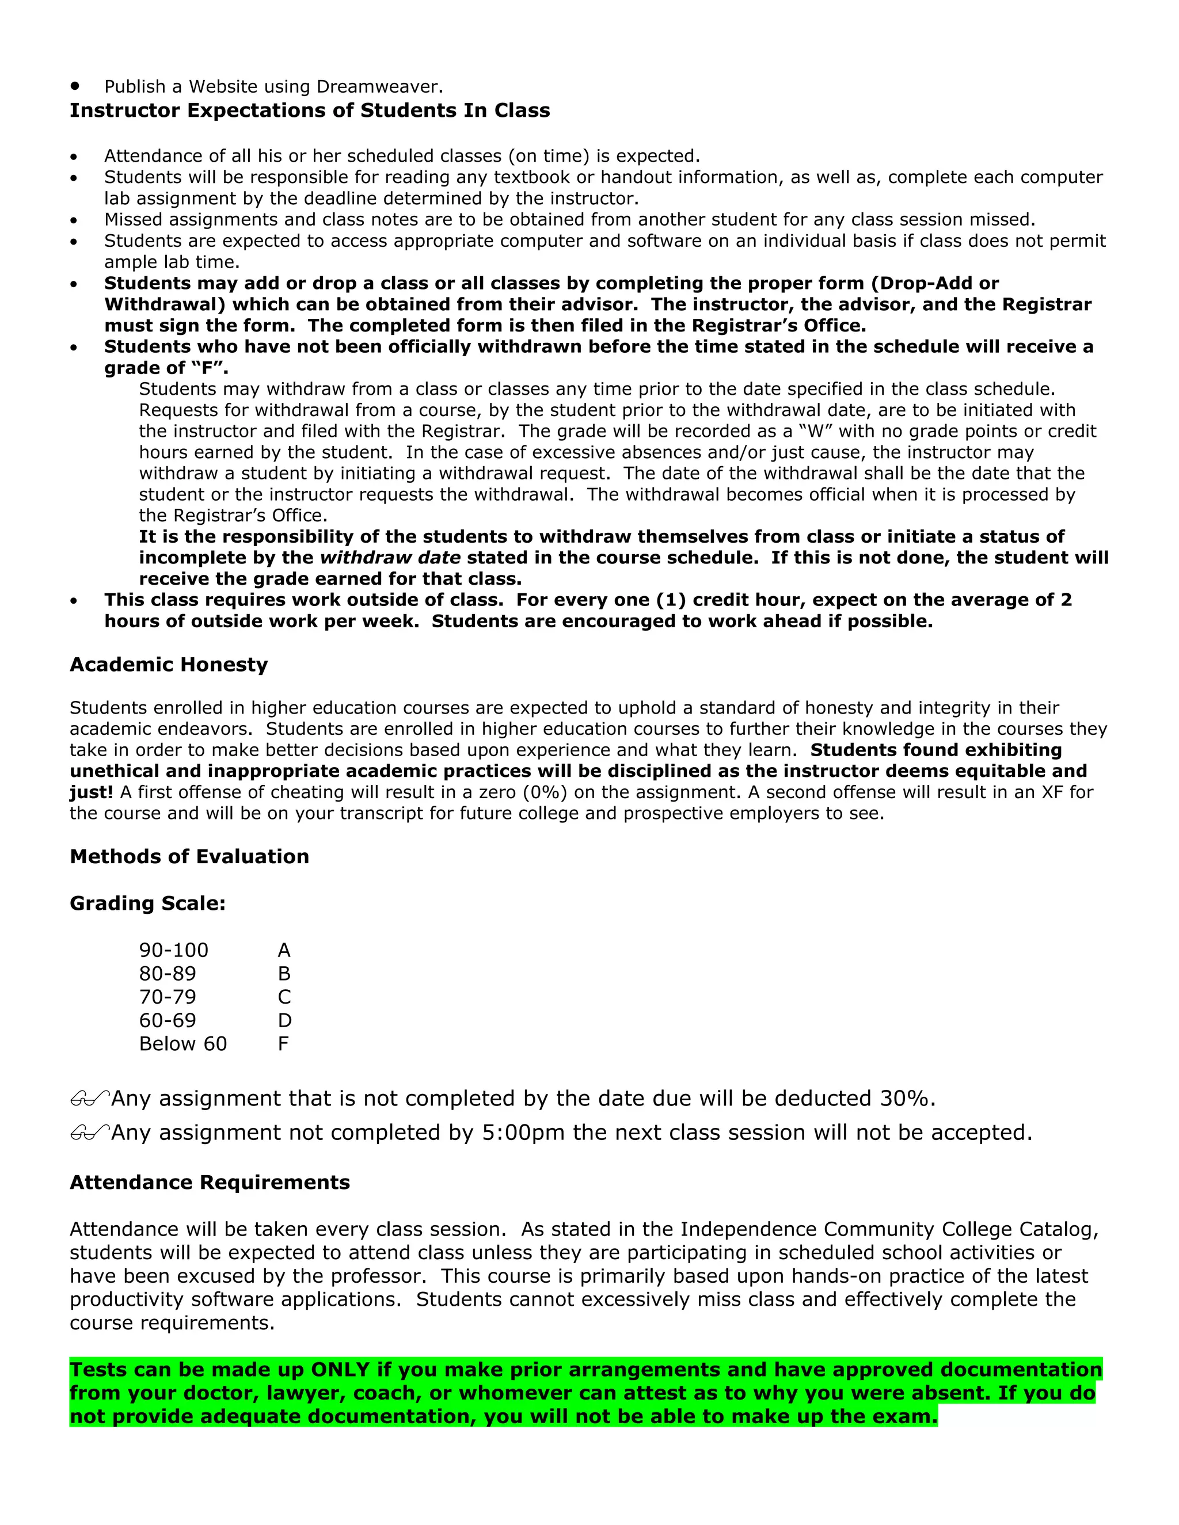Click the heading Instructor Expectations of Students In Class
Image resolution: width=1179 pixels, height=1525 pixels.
pos(309,110)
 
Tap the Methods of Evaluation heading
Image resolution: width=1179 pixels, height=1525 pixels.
pos(189,856)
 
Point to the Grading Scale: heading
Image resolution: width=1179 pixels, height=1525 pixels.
pos(147,903)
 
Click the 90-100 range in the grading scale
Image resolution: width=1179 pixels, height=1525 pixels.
pos(173,950)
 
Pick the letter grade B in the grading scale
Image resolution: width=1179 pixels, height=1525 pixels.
pos(284,973)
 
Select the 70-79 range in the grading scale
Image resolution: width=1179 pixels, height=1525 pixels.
pos(168,997)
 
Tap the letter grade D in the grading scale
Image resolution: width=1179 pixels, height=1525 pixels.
pos(284,1020)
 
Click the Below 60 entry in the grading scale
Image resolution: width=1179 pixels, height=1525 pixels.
pos(183,1044)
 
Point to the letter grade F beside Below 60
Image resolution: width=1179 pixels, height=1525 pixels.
pos(283,1044)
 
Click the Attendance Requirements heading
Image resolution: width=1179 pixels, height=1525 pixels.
pos(210,1182)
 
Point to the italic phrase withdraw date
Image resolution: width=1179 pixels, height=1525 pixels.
pos(390,558)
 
